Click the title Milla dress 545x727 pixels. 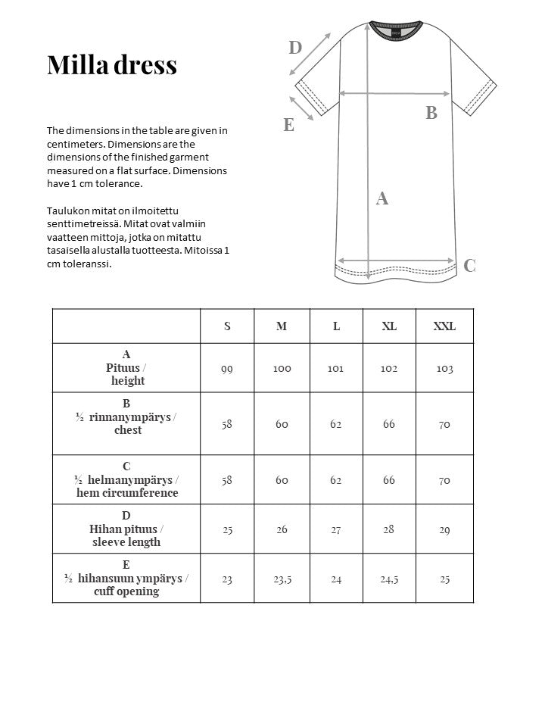(112, 65)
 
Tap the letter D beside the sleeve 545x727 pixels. (295, 48)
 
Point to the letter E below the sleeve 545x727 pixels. (288, 125)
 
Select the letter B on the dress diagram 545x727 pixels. (431, 113)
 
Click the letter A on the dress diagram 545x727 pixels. (382, 198)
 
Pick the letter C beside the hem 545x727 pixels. (469, 265)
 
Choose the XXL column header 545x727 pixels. (444, 326)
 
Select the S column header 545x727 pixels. (227, 326)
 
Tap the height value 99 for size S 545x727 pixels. (227, 369)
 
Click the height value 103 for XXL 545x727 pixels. (444, 369)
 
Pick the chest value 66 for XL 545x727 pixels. (389, 424)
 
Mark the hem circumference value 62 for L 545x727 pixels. (336, 480)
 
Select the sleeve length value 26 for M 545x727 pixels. (282, 529)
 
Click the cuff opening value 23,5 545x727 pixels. (282, 579)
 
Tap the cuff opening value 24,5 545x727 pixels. (389, 579)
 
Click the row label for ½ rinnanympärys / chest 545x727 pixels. (126, 417)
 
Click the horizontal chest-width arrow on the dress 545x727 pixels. (395, 93)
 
